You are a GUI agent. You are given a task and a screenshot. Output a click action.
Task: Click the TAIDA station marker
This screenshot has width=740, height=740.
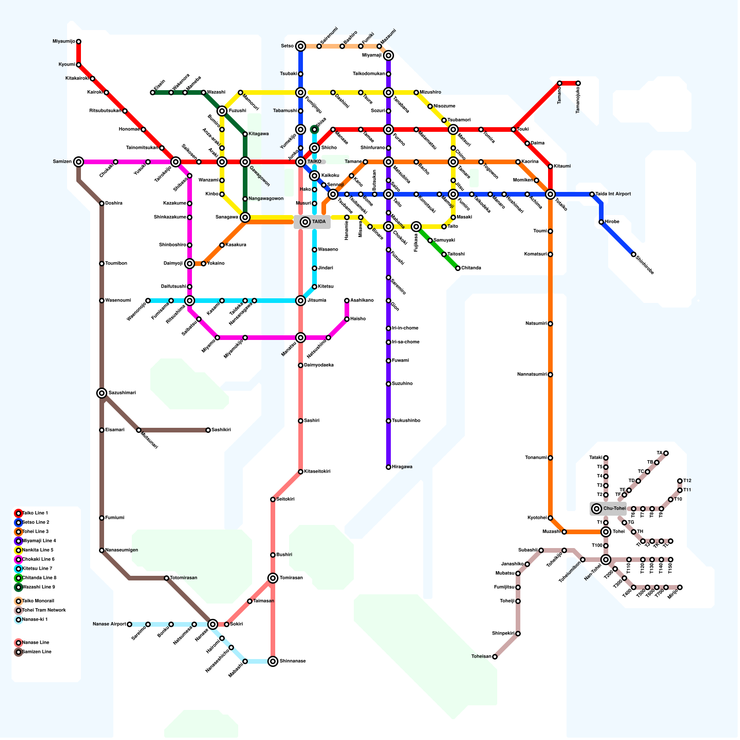pos(305,222)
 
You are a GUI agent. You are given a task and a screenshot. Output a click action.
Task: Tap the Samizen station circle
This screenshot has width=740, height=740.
pos(79,162)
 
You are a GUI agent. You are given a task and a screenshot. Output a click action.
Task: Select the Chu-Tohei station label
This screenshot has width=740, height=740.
pos(614,509)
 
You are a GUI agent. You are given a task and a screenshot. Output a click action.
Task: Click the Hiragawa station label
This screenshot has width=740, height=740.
pos(402,467)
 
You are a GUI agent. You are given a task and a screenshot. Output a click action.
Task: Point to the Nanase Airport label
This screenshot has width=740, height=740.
pos(109,624)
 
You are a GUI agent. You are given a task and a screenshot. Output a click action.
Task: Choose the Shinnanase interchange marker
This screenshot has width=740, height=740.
pos(273,661)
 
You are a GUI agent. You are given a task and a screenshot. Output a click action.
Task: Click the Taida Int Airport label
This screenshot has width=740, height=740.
pos(613,194)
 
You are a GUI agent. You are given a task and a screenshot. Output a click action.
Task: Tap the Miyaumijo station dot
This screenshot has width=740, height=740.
pos(79,42)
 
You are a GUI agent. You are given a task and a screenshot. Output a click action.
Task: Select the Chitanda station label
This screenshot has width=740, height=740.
pos(471,268)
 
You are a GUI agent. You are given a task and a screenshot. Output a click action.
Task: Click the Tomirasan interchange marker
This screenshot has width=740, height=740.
pos(273,578)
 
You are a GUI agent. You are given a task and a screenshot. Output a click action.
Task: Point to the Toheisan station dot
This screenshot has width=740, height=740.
pos(495,657)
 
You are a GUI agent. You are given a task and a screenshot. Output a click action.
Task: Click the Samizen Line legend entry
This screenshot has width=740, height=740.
pos(37,652)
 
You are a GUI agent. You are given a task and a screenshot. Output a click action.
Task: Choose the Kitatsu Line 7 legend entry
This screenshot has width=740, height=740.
pos(37,569)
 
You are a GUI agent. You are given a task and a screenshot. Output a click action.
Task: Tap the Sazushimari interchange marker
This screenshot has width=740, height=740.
pos(102,393)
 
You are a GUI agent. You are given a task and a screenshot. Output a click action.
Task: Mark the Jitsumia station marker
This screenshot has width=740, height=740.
pos(301,301)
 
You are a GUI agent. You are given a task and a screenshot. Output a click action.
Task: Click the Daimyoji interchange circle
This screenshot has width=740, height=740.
pos(190,264)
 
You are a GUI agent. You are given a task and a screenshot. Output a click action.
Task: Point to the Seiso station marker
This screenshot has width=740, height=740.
pos(301,46)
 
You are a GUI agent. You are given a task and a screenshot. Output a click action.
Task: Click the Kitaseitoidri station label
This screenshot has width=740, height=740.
pos(317,472)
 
